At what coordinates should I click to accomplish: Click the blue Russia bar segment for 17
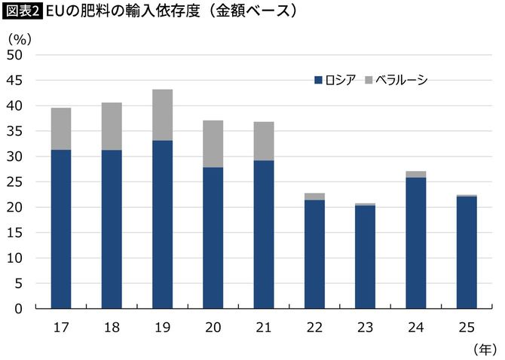tap(61, 229)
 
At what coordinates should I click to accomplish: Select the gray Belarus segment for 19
tap(162, 114)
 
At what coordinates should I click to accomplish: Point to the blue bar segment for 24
tap(416, 243)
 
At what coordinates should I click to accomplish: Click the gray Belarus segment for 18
tap(112, 126)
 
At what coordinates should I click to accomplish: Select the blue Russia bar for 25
tap(467, 252)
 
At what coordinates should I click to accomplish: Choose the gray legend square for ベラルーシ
tap(369, 80)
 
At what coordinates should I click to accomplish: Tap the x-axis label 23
tap(365, 328)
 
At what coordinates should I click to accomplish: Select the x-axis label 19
tap(162, 328)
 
